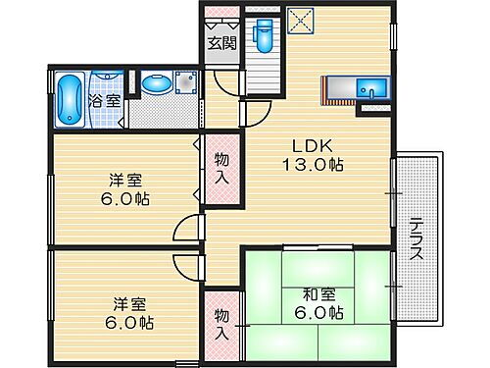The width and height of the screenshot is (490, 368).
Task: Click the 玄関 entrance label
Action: tap(221, 42)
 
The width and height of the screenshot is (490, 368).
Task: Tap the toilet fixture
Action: tap(261, 37)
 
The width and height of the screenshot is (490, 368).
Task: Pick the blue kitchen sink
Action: tap(372, 90)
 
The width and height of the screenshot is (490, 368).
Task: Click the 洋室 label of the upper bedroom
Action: tap(122, 180)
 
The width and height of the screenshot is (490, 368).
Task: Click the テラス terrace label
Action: tap(416, 238)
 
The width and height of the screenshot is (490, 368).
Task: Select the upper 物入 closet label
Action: tap(221, 169)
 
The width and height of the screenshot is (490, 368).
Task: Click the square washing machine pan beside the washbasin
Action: tap(185, 85)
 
